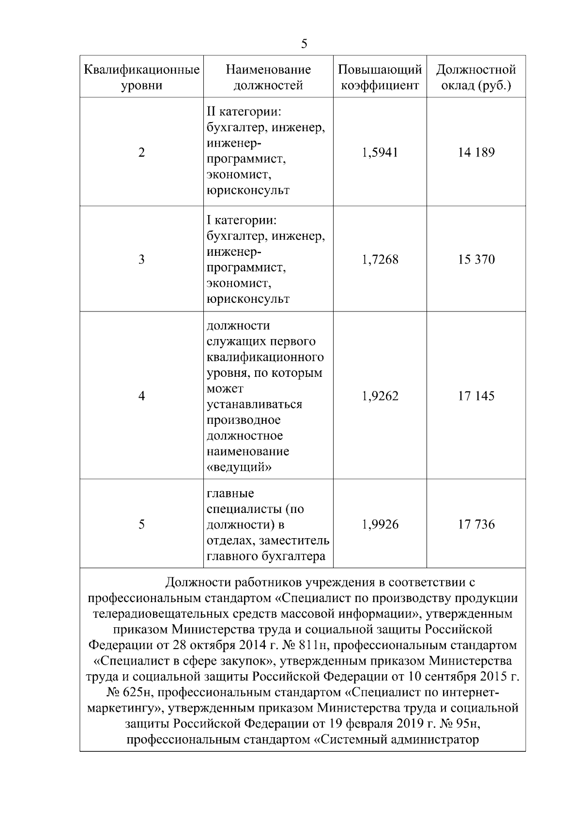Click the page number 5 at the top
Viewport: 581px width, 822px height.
tap(304, 44)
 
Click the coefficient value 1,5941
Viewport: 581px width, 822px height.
tap(380, 153)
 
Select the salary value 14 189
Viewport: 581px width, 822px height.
tap(476, 153)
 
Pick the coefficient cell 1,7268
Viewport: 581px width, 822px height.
tap(380, 260)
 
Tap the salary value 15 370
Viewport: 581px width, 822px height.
tap(476, 260)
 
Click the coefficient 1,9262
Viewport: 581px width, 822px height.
tap(380, 396)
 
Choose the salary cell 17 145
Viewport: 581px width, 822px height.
tap(476, 396)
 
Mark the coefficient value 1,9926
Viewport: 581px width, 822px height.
tap(380, 525)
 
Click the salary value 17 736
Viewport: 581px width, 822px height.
tap(476, 525)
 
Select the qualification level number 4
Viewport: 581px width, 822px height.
tap(141, 396)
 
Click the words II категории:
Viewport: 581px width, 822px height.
tap(244, 112)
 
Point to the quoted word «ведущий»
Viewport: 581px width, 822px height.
tap(239, 467)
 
